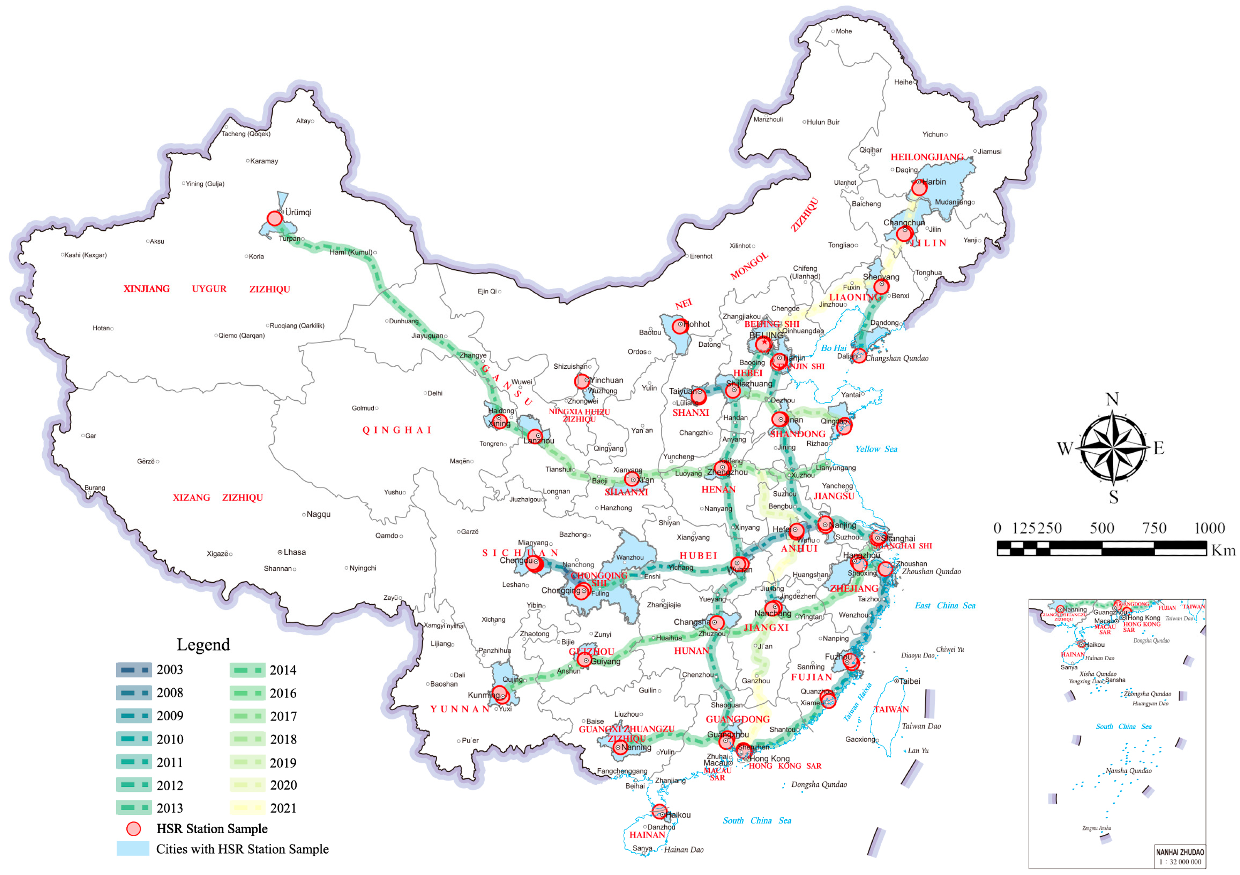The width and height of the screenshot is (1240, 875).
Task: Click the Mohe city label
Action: click(x=843, y=31)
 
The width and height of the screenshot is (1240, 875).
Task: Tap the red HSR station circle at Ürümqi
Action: click(x=274, y=218)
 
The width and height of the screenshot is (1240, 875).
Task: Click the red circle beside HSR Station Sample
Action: click(x=133, y=829)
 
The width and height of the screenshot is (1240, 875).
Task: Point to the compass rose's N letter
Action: click(x=1112, y=400)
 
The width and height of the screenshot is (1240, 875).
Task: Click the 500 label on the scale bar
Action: click(x=1102, y=529)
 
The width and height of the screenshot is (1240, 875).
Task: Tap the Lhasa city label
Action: click(x=294, y=552)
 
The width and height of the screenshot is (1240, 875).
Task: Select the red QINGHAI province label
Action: click(x=397, y=430)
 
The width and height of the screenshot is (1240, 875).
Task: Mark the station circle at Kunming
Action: click(x=500, y=694)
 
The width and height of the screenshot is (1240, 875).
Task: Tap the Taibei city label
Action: click(x=909, y=681)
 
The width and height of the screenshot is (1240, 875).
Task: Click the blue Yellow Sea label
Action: click(x=876, y=449)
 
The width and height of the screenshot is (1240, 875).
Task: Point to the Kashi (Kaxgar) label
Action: click(x=85, y=255)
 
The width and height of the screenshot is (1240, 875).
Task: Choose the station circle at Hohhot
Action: click(x=680, y=326)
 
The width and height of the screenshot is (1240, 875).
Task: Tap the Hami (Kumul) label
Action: click(x=351, y=252)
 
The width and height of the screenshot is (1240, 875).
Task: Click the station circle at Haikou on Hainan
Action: click(x=659, y=811)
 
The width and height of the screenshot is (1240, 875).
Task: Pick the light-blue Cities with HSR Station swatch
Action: click(x=133, y=849)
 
